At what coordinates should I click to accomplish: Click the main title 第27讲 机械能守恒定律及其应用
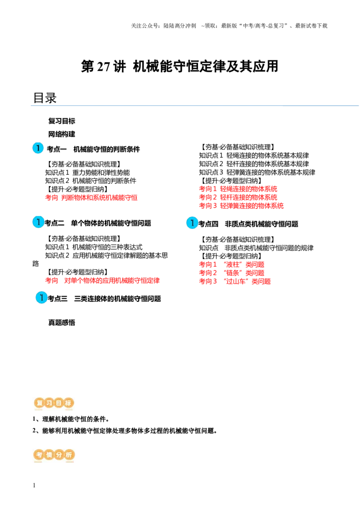tap(180, 66)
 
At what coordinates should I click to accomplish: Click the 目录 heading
tap(45, 98)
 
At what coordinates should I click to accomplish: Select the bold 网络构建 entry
tap(62, 134)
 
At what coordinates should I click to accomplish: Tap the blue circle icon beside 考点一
tap(38, 148)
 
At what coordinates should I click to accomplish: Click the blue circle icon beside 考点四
tap(192, 223)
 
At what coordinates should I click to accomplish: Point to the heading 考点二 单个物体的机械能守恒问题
tap(98, 223)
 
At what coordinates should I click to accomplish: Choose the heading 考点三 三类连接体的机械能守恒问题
tap(104, 299)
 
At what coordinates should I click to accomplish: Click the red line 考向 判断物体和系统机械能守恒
tap(91, 197)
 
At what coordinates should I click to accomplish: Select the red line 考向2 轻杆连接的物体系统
tap(238, 197)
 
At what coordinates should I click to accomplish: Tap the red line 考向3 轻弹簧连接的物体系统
tap(241, 205)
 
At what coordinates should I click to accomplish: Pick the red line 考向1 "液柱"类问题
tap(232, 264)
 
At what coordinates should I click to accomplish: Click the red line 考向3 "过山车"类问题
tap(235, 281)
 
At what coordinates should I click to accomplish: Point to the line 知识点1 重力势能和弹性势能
tap(87, 173)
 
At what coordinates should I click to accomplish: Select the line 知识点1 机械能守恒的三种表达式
tap(94, 247)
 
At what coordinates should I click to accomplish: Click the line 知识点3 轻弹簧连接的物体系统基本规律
tap(257, 172)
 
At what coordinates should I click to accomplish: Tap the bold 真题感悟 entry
tap(62, 323)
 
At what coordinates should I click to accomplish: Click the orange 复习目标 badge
tap(54, 403)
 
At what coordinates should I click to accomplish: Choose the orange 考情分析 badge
tap(54, 455)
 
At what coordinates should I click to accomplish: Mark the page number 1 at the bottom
tap(34, 485)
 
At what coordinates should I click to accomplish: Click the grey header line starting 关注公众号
tap(229, 26)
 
